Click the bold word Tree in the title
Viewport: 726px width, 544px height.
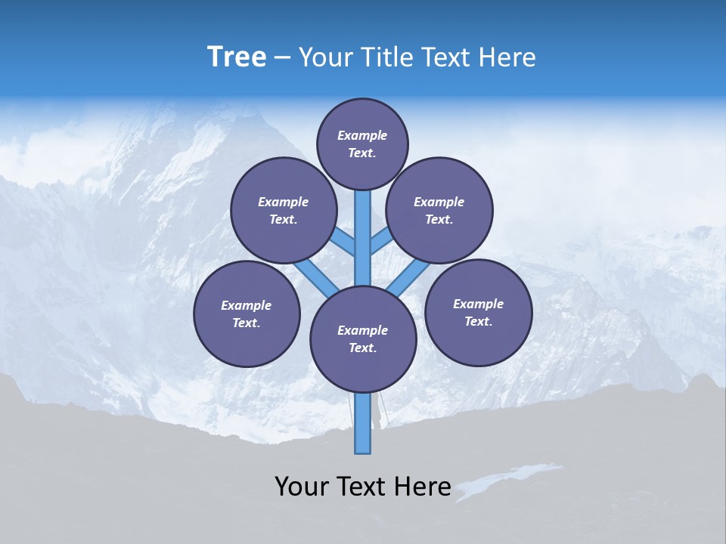point(237,57)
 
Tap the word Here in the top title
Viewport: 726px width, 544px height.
point(506,57)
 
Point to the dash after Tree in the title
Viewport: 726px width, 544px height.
point(282,58)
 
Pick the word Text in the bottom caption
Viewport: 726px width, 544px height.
point(364,487)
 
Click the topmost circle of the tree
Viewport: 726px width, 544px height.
point(362,144)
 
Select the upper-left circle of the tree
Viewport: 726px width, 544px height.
point(283,210)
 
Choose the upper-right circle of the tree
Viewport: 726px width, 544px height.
point(439,210)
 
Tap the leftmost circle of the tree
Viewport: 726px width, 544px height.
point(247,314)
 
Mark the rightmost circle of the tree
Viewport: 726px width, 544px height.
point(478,312)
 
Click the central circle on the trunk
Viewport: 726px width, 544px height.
point(363,338)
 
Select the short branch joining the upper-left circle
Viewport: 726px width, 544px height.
point(343,242)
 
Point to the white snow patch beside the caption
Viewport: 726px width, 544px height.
point(507,480)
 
